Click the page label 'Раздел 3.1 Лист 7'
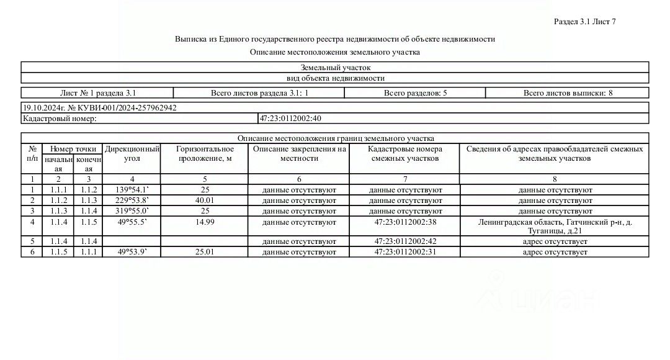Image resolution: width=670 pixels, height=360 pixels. point(584,22)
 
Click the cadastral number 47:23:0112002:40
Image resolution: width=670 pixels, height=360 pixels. point(290,118)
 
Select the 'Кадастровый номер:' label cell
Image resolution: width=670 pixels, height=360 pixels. point(60,118)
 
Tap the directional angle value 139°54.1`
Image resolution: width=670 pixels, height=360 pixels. point(132,190)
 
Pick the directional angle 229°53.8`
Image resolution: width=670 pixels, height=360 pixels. point(132,200)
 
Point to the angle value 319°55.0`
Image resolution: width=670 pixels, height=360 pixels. point(132,211)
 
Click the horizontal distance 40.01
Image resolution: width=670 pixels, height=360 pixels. point(205,200)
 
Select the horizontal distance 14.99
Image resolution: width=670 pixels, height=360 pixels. point(205,222)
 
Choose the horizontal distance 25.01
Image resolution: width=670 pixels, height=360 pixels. point(205,252)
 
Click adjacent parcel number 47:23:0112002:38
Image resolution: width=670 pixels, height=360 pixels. point(405,222)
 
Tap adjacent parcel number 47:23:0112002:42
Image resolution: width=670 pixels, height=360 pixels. point(405,241)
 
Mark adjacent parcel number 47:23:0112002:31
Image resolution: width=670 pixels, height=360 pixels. point(405,252)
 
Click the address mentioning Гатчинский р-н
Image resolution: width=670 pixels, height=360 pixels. point(555,227)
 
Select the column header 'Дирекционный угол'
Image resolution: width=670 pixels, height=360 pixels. point(132,154)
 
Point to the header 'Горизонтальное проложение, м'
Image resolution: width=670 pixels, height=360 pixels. point(205,154)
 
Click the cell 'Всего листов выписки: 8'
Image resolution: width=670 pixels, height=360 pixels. point(568,93)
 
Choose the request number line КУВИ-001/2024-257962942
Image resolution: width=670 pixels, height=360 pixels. point(100,107)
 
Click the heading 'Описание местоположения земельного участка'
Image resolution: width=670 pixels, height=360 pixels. point(335,52)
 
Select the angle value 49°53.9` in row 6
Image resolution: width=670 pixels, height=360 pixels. point(132,252)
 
